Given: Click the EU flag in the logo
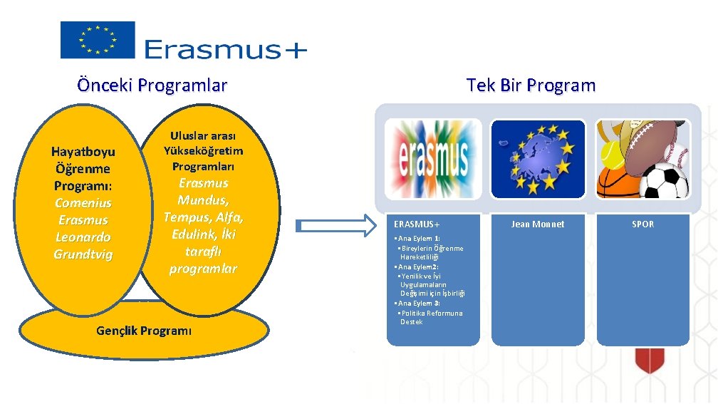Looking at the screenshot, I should (x=97, y=40).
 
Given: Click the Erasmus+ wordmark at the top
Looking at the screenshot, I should (x=225, y=49).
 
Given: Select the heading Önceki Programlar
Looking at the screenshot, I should (x=152, y=86).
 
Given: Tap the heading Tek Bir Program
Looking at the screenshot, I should (x=531, y=86).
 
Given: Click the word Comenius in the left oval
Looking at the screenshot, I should (x=83, y=203).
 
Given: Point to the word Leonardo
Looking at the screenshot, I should (x=83, y=237).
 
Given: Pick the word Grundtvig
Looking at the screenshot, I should (x=83, y=254).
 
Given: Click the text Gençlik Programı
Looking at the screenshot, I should (x=143, y=331).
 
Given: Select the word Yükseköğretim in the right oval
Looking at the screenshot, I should (x=203, y=151).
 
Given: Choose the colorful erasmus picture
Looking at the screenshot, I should (x=433, y=163).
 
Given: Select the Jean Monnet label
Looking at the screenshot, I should (x=538, y=224).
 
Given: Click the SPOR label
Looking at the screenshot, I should (x=642, y=224).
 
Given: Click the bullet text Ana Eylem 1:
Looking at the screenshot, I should (x=419, y=239).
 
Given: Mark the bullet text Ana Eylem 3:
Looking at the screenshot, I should (x=419, y=304).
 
